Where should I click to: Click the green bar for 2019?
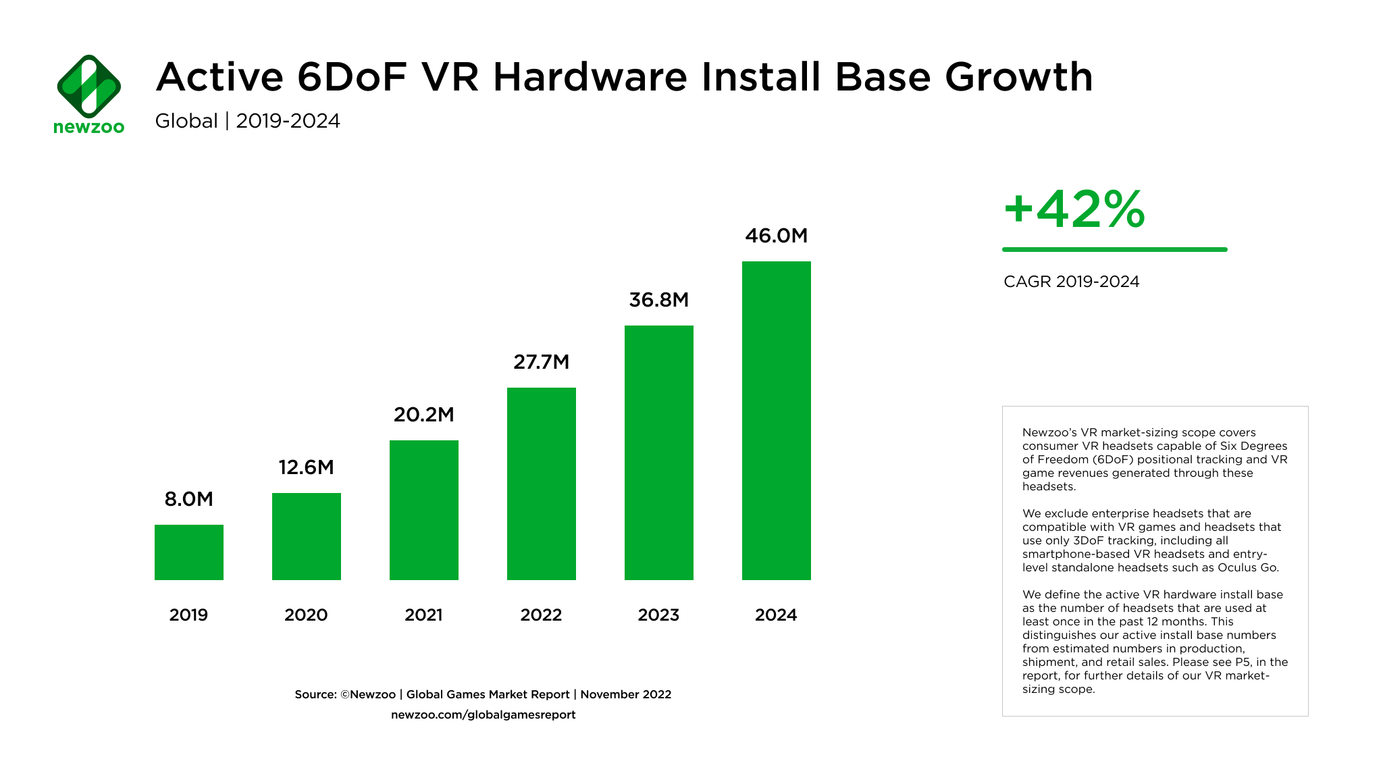pos(189,552)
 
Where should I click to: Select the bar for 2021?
pos(424,510)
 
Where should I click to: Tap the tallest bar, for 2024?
pos(777,420)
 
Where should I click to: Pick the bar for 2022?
pos(542,484)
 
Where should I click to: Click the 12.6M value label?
pos(306,467)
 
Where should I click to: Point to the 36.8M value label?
pos(658,300)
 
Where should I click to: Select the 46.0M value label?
pos(776,236)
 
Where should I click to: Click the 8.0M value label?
pos(189,499)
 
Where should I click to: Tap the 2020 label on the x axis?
pos(306,615)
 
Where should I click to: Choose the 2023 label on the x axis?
pos(658,615)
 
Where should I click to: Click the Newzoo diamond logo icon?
pos(89,86)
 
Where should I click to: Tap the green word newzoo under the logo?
pos(89,127)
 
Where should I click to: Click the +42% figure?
pos(1074,209)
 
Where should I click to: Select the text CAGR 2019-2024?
pos(1071,282)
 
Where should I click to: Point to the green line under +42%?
pos(1114,249)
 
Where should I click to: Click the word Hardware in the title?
pos(590,77)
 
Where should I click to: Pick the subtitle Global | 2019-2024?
pos(247,121)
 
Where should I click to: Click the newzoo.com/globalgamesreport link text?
pos(483,715)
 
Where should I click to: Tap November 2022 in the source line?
pos(625,694)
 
